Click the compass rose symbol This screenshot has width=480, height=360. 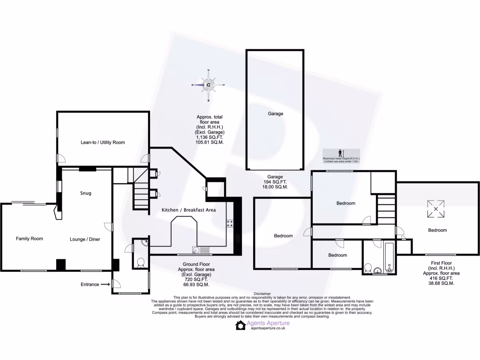click(208, 85)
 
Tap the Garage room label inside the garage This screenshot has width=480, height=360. click(276, 113)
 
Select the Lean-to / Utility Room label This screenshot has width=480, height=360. click(103, 142)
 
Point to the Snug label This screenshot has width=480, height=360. click(85, 193)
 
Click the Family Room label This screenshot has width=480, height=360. click(30, 239)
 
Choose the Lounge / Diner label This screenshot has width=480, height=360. click(85, 239)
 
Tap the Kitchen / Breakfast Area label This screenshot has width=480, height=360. click(189, 210)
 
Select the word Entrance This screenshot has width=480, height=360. click(90, 284)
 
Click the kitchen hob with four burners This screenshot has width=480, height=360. click(230, 224)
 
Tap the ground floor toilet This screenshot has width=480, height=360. click(140, 262)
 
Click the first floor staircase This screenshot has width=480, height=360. click(386, 209)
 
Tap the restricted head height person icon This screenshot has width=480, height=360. click(340, 153)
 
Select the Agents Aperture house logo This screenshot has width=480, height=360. click(240, 325)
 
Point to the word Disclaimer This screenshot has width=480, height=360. click(262, 293)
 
